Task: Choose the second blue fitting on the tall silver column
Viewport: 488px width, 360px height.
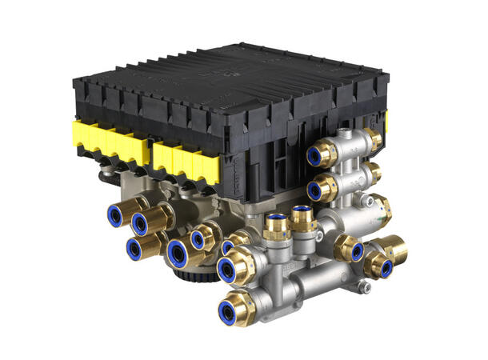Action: tap(323, 189)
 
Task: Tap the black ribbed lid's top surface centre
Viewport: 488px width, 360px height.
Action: tap(232, 76)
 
